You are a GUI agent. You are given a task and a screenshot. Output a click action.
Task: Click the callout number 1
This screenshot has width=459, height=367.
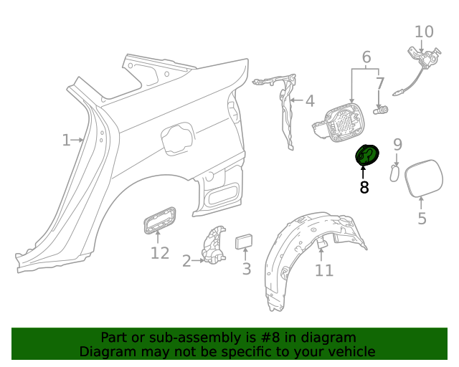(x=66, y=140)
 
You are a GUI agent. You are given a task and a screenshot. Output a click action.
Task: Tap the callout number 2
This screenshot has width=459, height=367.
(x=186, y=261)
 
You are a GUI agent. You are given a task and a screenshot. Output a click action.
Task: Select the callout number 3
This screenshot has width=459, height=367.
(x=246, y=270)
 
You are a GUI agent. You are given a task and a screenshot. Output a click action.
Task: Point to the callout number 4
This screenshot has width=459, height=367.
(x=309, y=102)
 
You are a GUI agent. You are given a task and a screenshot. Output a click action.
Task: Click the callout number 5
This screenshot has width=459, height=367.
(x=422, y=219)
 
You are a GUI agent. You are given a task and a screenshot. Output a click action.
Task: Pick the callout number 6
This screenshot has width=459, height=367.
(x=366, y=57)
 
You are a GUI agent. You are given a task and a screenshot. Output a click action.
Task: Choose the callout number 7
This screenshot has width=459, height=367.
(x=380, y=84)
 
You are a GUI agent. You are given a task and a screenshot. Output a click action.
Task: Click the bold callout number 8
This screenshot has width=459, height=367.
(x=364, y=188)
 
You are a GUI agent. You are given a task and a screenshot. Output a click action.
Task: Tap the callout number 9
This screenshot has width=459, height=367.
(x=397, y=146)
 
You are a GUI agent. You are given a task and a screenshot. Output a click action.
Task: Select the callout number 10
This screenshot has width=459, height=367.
(x=424, y=32)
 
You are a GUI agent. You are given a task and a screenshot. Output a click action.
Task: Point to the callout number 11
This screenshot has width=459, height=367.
(x=324, y=270)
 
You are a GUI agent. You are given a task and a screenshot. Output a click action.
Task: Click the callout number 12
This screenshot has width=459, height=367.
(x=159, y=253)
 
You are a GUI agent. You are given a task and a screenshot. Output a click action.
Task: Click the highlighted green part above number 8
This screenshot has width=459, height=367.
(x=368, y=156)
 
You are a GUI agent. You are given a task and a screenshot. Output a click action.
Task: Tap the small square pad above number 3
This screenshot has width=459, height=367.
(x=245, y=240)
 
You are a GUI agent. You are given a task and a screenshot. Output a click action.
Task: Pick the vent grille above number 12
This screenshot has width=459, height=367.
(x=158, y=219)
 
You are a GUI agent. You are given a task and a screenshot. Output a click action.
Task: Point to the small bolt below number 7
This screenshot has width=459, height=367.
(x=382, y=110)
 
